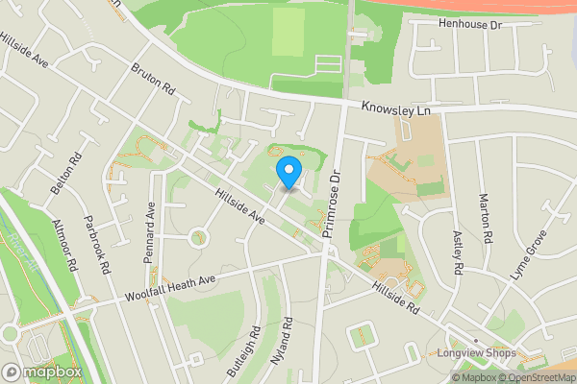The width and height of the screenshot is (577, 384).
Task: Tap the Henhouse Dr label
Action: point(470,23)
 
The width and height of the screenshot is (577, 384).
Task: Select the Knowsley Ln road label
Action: point(396,110)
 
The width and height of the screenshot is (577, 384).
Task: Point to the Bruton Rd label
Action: point(153,80)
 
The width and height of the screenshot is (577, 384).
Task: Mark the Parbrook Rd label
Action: point(98,249)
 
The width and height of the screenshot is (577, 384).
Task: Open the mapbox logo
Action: point(42,372)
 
